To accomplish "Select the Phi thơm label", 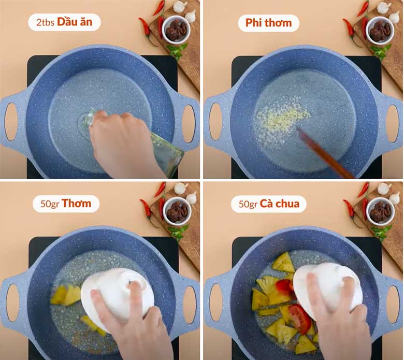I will pyautogui.click(x=268, y=23).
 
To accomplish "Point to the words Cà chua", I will pyautogui.click(x=280, y=204).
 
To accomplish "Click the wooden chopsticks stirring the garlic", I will pyautogui.click(x=324, y=153).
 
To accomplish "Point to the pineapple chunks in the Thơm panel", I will pyautogui.click(x=65, y=295).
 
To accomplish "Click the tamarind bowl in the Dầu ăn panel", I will pyautogui.click(x=176, y=29).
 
